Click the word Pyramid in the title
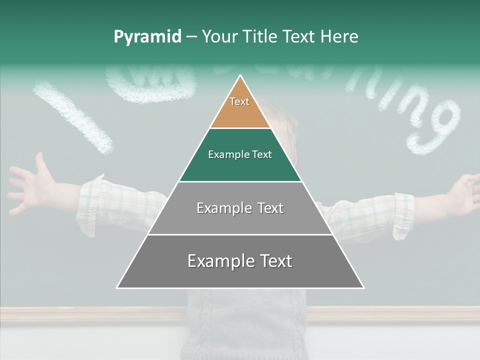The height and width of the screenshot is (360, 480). point(147,37)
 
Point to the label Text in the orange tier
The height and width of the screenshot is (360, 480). point(239,101)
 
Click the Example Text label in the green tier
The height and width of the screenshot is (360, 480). point(240,154)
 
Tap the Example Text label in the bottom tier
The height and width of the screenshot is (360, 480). point(240,261)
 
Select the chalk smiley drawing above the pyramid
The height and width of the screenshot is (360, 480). point(150,82)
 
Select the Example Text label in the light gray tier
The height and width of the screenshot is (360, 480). point(240,208)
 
